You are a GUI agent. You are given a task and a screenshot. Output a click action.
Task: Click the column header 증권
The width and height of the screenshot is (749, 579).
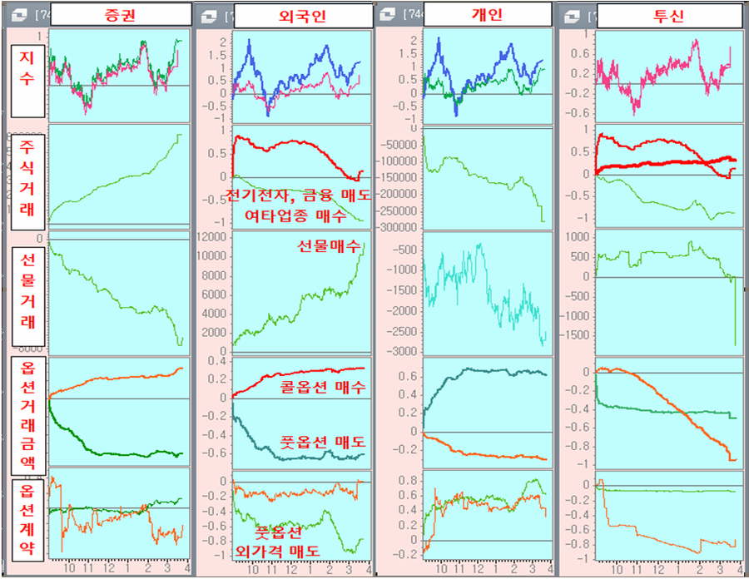click(119, 14)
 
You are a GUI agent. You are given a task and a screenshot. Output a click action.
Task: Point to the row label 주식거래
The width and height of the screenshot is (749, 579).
click(26, 180)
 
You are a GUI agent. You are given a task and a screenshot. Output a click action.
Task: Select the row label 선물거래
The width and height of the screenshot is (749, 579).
click(26, 294)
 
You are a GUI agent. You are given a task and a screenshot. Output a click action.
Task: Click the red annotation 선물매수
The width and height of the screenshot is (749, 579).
click(329, 246)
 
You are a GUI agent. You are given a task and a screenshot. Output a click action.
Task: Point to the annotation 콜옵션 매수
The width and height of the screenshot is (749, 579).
click(324, 387)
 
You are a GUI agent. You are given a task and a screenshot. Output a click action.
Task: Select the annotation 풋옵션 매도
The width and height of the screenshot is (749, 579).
click(324, 442)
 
